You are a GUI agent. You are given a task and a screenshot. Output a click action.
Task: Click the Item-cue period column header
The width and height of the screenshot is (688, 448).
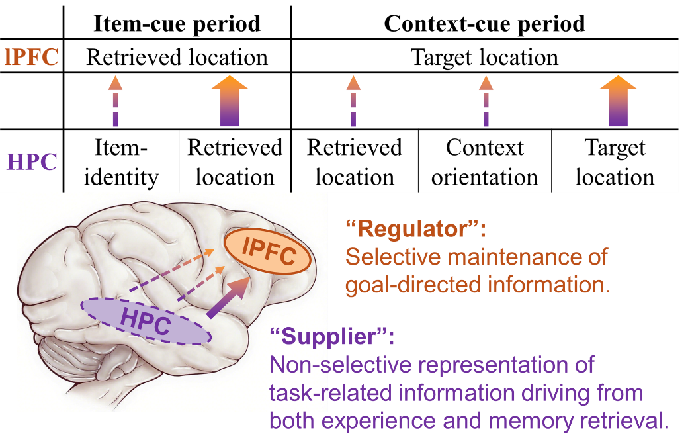coord(177,24)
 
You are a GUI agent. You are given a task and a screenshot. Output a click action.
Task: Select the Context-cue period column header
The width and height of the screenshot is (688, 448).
coord(484,24)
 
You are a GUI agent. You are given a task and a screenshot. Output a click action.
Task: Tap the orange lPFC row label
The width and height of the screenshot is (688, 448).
coord(31,57)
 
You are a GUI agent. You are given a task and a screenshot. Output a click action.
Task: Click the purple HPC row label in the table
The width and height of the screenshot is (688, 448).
coord(32,161)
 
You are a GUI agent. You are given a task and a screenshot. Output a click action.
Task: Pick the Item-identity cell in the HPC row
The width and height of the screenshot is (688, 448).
coord(121,162)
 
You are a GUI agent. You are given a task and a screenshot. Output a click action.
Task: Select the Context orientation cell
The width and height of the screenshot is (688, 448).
coord(484,162)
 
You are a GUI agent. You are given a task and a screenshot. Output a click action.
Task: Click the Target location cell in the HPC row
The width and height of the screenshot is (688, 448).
coord(615,162)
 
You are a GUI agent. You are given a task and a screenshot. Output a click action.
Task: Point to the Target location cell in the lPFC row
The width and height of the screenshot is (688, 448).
coord(484,57)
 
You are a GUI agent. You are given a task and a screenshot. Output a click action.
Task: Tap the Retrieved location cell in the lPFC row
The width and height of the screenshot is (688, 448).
coord(177,57)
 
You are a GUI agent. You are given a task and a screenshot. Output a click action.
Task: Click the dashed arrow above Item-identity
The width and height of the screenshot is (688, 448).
coord(115,101)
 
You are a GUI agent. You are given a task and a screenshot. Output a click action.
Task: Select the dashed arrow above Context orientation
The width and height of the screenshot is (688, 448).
coord(486,101)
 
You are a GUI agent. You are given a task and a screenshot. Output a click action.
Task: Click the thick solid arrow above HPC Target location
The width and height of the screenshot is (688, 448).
coord(618,101)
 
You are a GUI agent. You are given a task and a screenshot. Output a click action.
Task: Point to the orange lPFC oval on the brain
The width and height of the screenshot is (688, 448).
coord(268,252)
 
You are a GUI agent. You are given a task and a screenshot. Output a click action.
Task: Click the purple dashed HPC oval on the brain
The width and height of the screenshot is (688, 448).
coord(146,321)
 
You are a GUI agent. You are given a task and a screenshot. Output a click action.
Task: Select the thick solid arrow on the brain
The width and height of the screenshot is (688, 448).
coord(228,298)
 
